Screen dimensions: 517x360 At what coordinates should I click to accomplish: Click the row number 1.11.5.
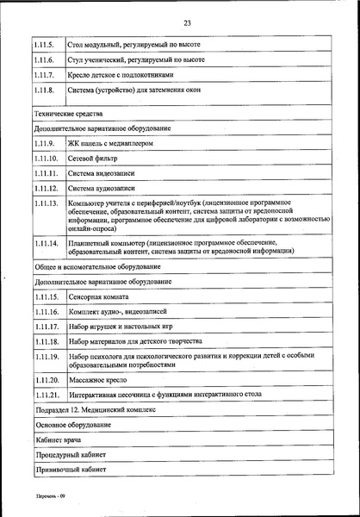pyautogui.click(x=43, y=44)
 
